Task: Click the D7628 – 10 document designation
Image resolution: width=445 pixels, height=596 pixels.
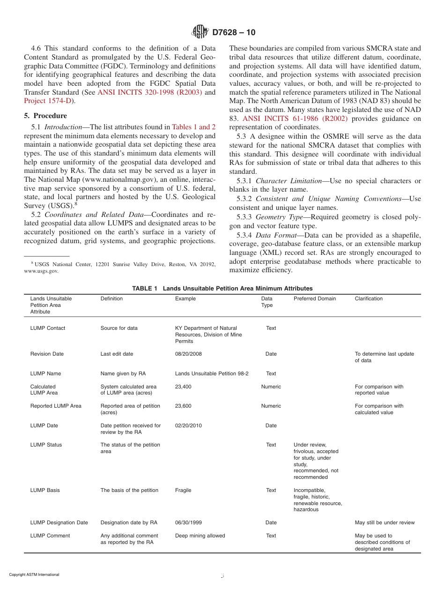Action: (233, 32)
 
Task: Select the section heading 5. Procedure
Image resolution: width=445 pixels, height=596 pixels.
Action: (45, 116)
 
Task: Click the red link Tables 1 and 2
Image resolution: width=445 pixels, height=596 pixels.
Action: (194, 127)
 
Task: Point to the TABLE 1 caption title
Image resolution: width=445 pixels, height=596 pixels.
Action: (222, 288)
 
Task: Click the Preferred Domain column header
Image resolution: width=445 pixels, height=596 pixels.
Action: (315, 298)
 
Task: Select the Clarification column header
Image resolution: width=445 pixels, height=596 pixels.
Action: (369, 298)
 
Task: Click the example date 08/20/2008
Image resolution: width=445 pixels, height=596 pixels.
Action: (188, 354)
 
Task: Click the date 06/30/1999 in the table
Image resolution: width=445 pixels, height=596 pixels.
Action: (188, 522)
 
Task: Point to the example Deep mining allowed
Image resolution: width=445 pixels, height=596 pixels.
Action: (200, 536)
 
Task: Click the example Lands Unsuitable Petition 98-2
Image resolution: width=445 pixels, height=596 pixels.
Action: (212, 373)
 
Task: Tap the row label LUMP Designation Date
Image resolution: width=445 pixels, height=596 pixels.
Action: (59, 522)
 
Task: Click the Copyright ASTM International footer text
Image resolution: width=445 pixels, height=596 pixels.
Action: (34, 574)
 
